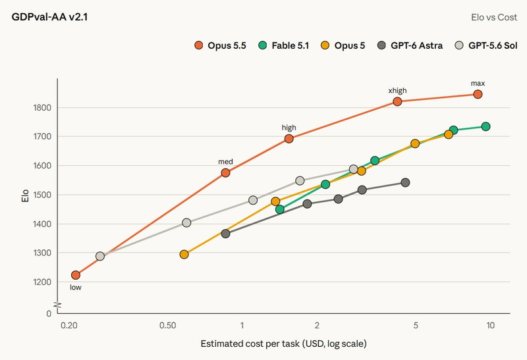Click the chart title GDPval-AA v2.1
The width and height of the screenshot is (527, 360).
pyautogui.click(x=50, y=17)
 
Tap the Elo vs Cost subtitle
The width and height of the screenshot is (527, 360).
pyautogui.click(x=493, y=17)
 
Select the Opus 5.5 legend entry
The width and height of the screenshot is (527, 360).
pyautogui.click(x=220, y=45)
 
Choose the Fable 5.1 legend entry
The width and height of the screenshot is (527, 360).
pyautogui.click(x=284, y=45)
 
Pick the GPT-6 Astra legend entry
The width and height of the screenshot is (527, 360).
pyautogui.click(x=410, y=45)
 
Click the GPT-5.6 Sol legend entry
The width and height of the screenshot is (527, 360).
pyautogui.click(x=485, y=45)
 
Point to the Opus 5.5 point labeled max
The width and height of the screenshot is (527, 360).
pyautogui.click(x=478, y=94)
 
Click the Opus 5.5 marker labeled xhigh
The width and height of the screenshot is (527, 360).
pyautogui.click(x=397, y=101)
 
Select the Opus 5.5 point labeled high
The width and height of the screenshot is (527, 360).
pyautogui.click(x=289, y=138)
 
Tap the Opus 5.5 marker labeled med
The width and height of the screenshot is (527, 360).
pyautogui.click(x=225, y=172)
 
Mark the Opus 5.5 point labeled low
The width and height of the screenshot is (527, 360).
pyautogui.click(x=76, y=275)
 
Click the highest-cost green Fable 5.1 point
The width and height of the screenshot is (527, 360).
pyautogui.click(x=485, y=126)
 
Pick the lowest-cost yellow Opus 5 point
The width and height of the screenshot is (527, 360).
pyautogui.click(x=184, y=254)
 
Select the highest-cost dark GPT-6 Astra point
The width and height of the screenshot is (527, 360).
pyautogui.click(x=405, y=182)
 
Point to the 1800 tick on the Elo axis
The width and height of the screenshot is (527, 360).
pyautogui.click(x=42, y=107)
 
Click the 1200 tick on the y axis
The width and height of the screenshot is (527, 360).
pyautogui.click(x=42, y=282)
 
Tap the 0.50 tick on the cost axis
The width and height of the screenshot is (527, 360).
pyautogui.click(x=168, y=325)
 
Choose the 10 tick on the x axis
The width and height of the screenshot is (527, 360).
pyautogui.click(x=490, y=325)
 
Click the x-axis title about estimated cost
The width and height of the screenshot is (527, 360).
pyautogui.click(x=284, y=344)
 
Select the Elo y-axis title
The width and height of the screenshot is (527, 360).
pyautogui.click(x=25, y=196)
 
